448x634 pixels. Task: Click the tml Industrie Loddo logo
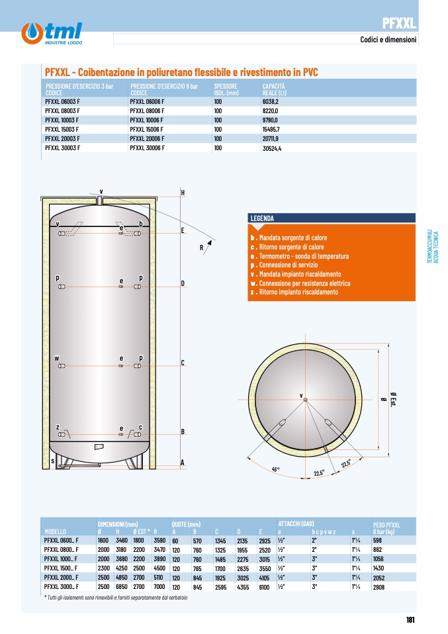pos(52,34)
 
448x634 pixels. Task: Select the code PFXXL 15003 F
pos(62,130)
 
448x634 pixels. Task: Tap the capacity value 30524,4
pos(272,148)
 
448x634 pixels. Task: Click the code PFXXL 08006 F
pos(147,111)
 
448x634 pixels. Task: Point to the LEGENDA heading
pos(262,218)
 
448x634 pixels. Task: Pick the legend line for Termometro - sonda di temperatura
pos(299,256)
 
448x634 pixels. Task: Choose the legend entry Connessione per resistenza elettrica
pos(300,283)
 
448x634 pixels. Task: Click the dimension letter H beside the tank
pos(183,193)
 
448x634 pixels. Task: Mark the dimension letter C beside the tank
pos(183,363)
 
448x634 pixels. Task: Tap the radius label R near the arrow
pos(201,248)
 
